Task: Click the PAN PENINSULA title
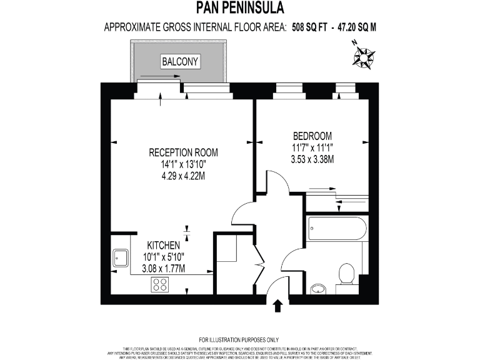pos(240,8)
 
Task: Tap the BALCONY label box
pos(180,61)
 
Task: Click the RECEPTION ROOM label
pos(183,152)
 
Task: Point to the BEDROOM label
pos(312,136)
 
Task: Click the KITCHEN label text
pos(164,245)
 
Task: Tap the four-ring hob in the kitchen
pos(160,284)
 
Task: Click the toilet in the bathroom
pos(345,273)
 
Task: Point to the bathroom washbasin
pos(318,288)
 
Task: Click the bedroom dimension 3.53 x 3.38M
pos(312,159)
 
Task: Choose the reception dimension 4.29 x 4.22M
pos(183,176)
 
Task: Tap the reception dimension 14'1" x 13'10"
pos(183,164)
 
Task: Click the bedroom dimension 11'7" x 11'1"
pos(312,148)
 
